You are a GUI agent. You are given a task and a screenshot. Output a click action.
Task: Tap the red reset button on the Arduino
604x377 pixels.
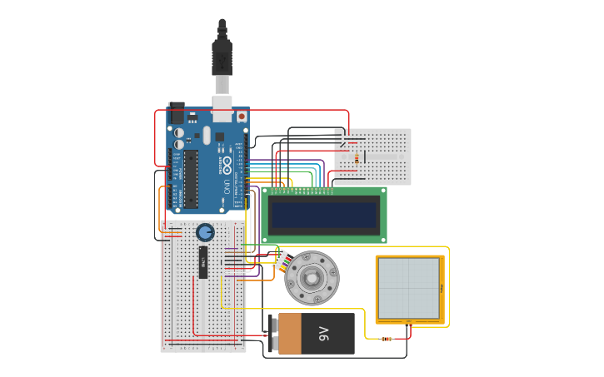click(x=242, y=117)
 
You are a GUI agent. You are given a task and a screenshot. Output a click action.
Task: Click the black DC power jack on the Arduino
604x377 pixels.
click(x=176, y=112)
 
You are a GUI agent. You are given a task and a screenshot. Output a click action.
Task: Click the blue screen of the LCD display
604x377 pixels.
click(x=324, y=215)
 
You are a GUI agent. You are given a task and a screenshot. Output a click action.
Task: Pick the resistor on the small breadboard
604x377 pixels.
click(x=357, y=157)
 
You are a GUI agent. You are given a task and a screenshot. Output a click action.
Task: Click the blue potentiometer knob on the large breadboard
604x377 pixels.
click(x=205, y=232)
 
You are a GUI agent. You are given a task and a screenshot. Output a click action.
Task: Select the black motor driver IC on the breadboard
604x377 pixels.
click(x=202, y=262)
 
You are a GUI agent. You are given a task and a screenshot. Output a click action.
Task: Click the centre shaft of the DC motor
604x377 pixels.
click(x=312, y=278)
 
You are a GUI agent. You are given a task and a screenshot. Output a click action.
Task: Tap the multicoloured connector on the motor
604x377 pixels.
click(x=282, y=261)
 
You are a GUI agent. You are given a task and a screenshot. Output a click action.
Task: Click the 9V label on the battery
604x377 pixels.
click(x=324, y=334)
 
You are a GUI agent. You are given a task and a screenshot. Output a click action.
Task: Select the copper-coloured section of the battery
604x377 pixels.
click(x=289, y=334)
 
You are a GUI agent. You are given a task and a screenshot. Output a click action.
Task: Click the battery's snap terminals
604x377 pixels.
click(x=272, y=334)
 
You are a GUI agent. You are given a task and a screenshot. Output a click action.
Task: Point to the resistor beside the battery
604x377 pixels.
click(x=386, y=338)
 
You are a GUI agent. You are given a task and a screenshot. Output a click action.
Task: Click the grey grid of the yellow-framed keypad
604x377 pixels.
click(x=408, y=288)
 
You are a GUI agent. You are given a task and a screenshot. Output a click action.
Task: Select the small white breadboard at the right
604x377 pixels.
click(x=372, y=156)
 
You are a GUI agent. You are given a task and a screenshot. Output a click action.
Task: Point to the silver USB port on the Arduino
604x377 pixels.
click(x=222, y=103)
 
